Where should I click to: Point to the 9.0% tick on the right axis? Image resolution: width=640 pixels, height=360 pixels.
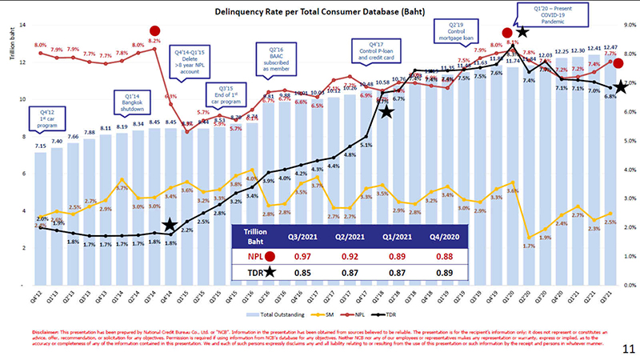pos(630,25)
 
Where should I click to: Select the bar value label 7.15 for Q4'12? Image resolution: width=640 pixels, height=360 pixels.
pos(40,146)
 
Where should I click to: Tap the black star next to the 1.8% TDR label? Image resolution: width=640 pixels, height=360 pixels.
pos(170,227)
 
